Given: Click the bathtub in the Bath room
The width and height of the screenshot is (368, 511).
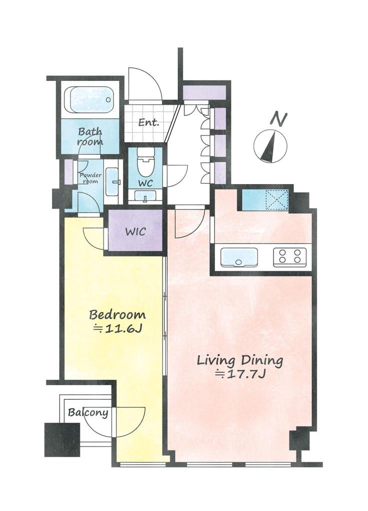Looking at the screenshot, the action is [90, 100].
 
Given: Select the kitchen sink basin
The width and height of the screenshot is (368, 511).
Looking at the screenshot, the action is [239, 257].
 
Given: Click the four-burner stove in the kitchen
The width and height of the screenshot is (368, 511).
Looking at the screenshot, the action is [289, 256].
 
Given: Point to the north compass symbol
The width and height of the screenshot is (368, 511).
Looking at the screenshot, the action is [270, 146].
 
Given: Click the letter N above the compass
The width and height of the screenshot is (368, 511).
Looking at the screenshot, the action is [279, 119].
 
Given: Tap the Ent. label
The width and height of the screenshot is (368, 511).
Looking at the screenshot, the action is [148, 123].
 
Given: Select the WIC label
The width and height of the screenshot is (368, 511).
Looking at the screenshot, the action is [135, 232].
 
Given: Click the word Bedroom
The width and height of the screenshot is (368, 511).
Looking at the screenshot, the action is [117, 315].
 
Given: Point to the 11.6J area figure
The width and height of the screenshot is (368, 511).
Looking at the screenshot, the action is [117, 329].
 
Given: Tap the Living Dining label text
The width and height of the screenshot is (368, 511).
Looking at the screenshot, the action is [240, 361].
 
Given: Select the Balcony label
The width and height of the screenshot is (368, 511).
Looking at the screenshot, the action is [88, 413].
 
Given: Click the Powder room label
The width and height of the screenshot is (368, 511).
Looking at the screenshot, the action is [90, 178].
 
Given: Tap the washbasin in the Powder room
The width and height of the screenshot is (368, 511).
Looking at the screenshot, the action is [112, 182].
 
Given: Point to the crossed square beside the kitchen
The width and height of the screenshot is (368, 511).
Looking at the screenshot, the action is [276, 200].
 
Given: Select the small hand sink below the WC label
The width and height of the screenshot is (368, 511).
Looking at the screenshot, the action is [145, 196].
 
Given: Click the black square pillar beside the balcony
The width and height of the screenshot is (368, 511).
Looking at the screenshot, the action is [62, 440].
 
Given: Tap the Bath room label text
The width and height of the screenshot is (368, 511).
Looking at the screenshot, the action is [90, 137].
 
